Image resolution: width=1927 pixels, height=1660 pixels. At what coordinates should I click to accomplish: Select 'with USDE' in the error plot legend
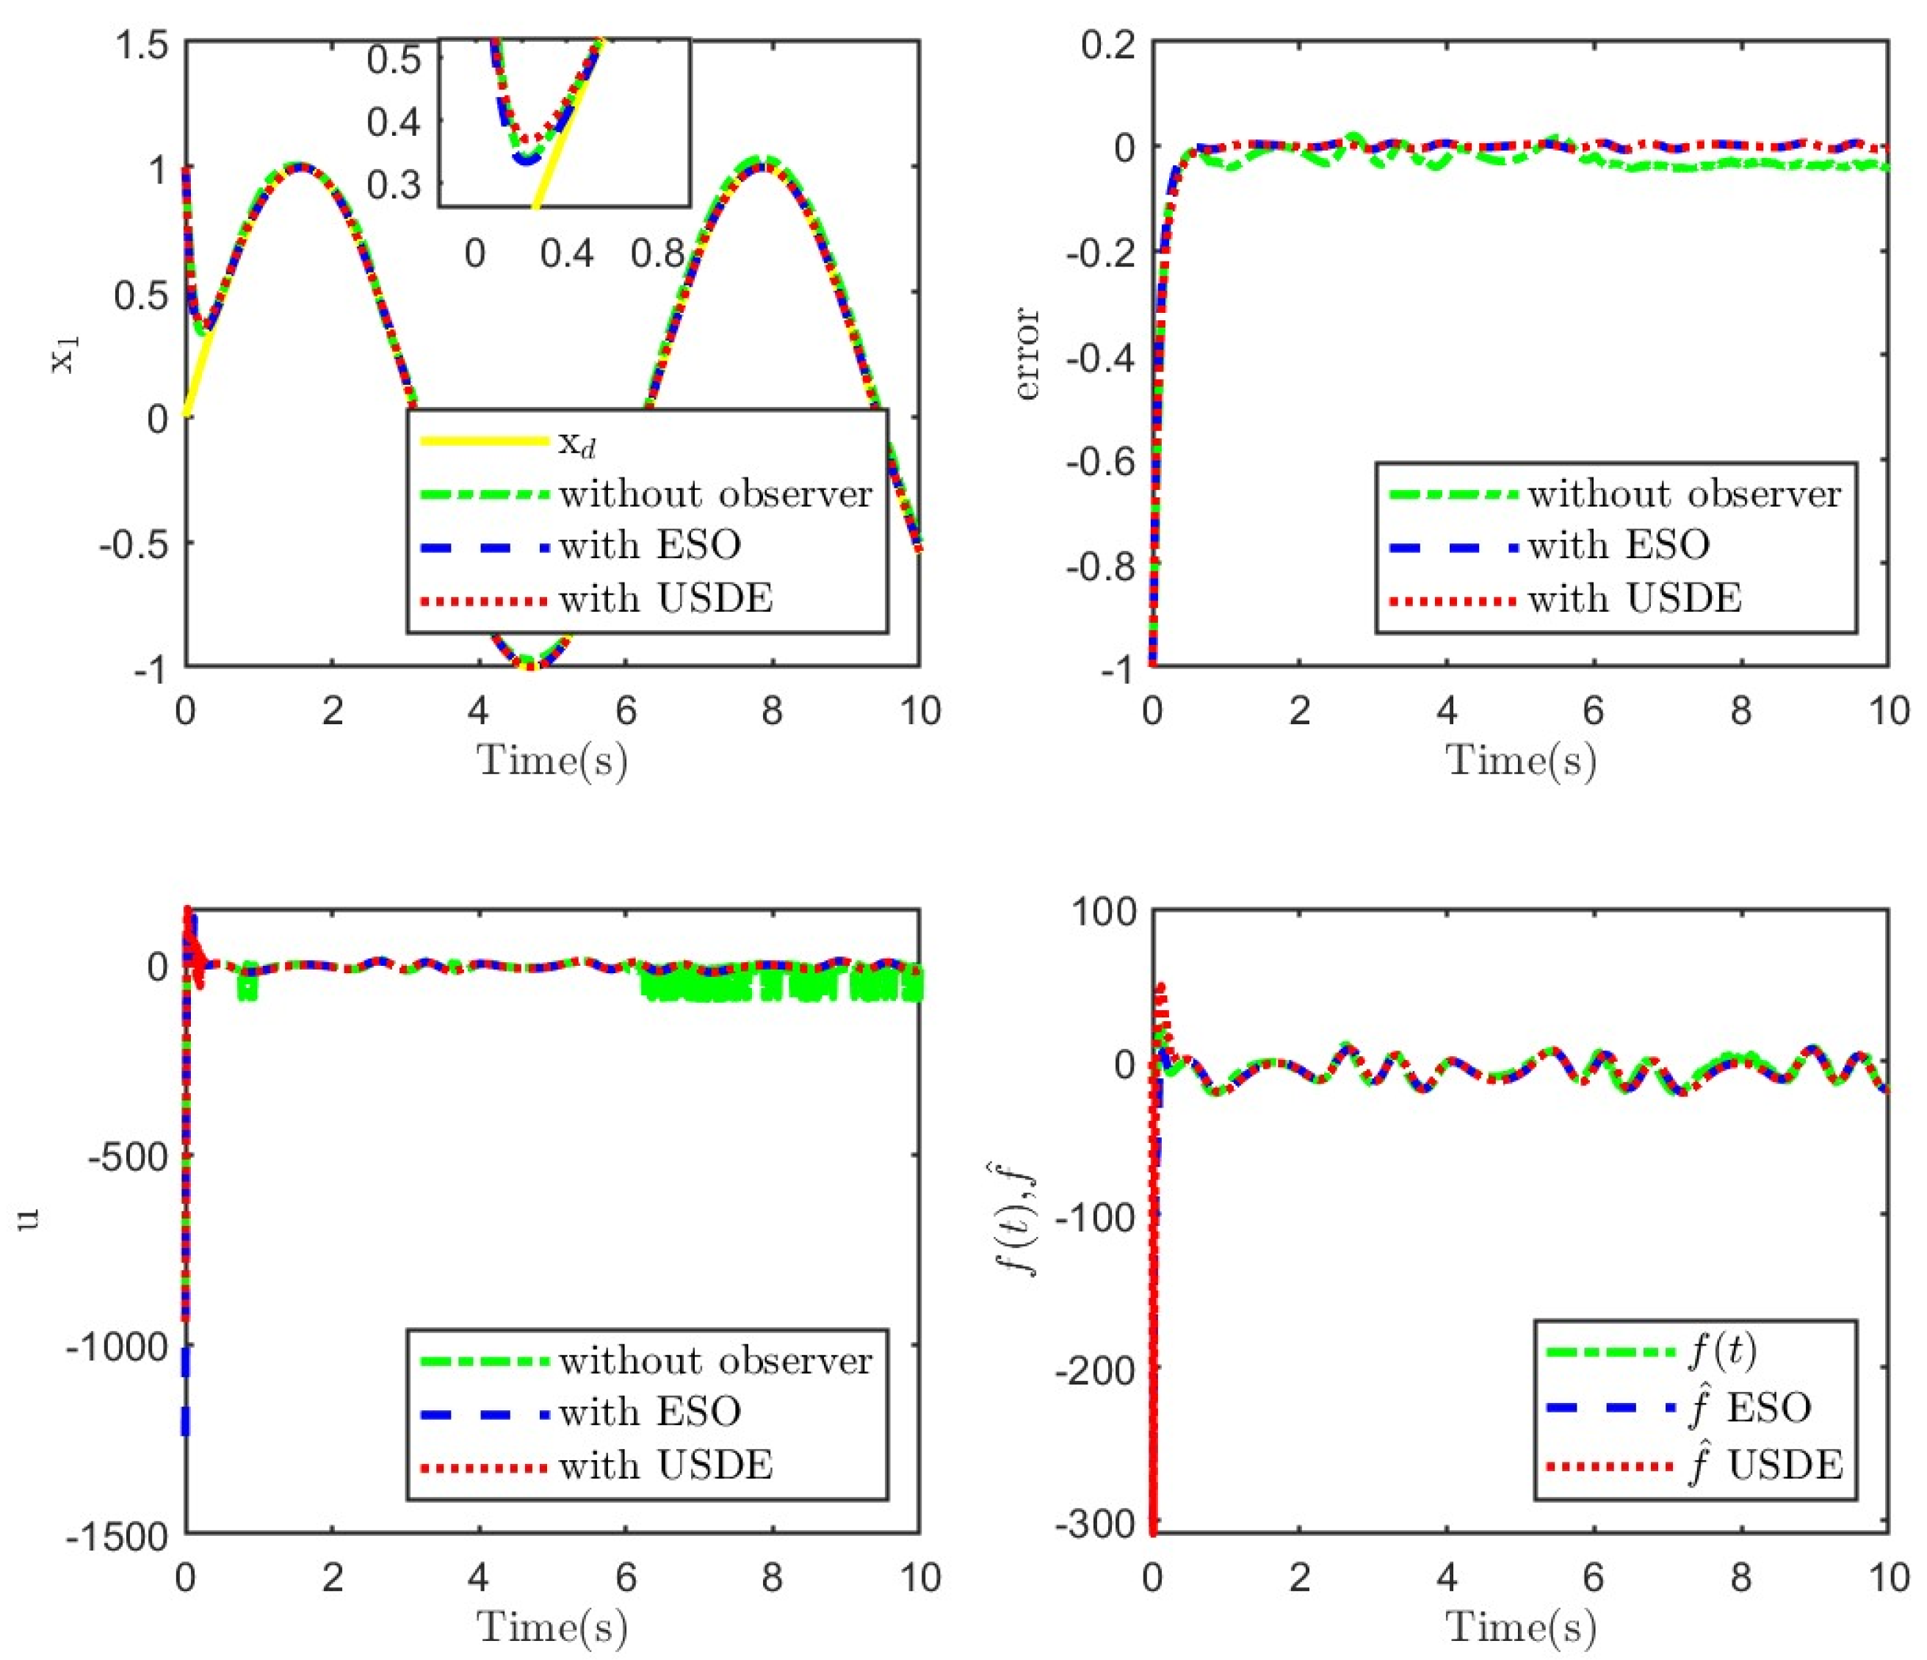pos(1634,598)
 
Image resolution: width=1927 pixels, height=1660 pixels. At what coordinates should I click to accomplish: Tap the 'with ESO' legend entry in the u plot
pos(649,1412)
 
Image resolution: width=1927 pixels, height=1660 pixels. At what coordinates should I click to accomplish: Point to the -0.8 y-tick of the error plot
pos(1100,566)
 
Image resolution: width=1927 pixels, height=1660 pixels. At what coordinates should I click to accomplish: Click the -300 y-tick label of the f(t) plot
pos(1096,1523)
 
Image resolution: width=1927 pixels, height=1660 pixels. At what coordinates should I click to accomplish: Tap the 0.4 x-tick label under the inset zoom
pos(566,253)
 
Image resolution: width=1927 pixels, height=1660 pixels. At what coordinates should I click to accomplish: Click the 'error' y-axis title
pos(1027,353)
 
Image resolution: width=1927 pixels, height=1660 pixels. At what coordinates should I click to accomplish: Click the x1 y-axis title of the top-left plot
pos(65,353)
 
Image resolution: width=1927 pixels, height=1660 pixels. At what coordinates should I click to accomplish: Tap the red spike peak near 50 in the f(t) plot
pos(1160,989)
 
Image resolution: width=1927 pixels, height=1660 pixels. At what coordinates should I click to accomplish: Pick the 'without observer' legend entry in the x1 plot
pos(715,494)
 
